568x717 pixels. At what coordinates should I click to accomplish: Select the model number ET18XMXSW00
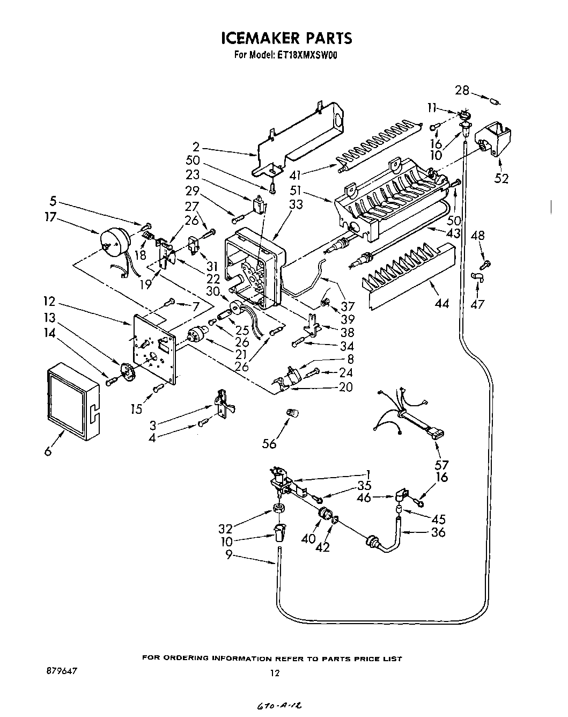(x=307, y=54)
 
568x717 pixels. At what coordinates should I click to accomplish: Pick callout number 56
(x=269, y=443)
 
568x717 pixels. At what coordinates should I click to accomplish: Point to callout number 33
(x=296, y=204)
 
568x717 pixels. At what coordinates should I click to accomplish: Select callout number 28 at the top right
(x=462, y=90)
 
